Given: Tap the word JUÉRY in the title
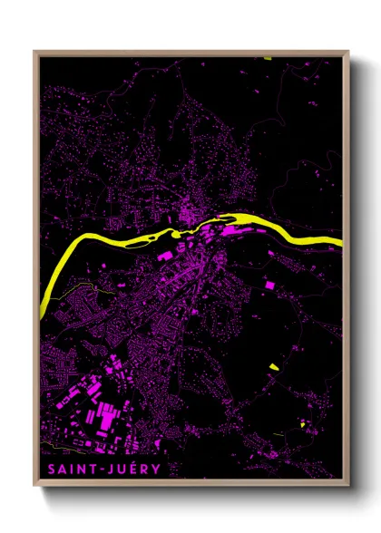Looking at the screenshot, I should coord(134,469).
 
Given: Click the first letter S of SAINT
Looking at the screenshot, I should coord(47,469).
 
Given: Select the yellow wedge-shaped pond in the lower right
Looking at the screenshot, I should coord(273,366).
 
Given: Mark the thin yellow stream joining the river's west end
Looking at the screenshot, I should coord(68,289).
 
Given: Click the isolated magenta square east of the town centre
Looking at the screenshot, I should coord(269,286).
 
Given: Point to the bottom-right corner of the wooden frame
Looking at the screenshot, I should coord(349,478).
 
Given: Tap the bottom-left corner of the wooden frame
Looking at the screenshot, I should coord(35,478).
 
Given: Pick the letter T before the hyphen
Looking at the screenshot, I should coord(96,469).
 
